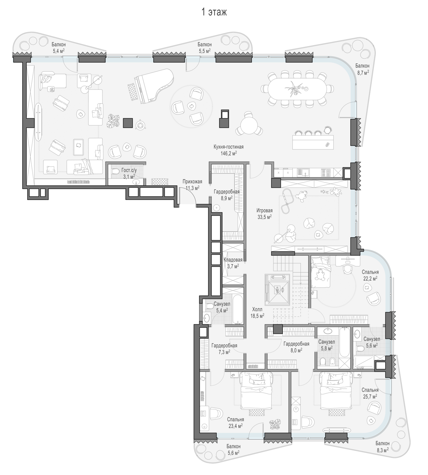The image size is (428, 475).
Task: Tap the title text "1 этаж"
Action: [214, 12]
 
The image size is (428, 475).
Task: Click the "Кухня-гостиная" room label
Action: [229, 147]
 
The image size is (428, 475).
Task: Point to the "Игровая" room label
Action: [264, 210]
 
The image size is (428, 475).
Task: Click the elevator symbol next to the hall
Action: [277, 289]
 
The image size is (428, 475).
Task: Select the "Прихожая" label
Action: [192, 182]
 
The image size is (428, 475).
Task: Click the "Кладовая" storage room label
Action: [233, 260]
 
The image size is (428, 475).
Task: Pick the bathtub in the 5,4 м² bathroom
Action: [237, 309]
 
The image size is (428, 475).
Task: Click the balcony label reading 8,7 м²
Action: [362, 69]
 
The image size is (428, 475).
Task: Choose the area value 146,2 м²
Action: [229, 153]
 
